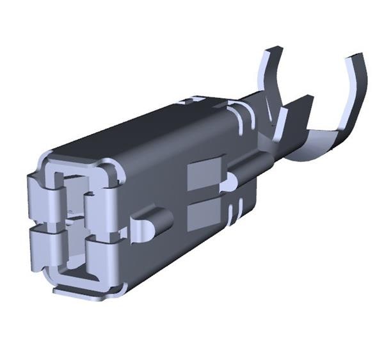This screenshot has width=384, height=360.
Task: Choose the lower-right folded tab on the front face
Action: coord(102,253)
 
